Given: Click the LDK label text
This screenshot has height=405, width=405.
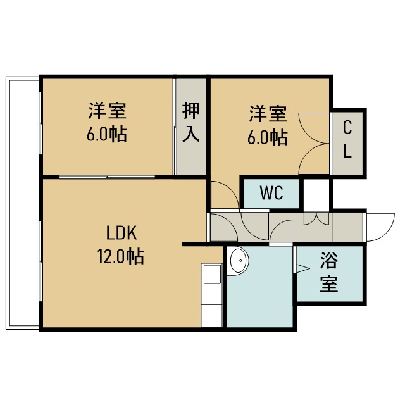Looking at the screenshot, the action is point(121,233).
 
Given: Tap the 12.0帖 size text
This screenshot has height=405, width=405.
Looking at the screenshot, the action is point(121,256).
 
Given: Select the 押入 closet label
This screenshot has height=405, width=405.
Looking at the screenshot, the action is point(191,122).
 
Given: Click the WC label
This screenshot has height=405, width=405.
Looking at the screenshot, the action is point(271,192).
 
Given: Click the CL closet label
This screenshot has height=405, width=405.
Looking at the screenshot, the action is point(347,140).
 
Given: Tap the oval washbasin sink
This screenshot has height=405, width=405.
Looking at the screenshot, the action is point(239,260).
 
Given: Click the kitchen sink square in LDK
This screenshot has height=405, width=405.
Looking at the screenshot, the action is point(212,274).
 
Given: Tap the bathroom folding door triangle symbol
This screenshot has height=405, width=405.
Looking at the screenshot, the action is point(302,268).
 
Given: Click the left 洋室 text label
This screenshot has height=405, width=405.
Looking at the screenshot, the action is point(107,111).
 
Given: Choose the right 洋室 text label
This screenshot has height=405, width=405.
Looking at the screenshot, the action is point(268,113).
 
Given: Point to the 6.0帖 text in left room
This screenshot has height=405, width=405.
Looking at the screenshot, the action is point(107,134).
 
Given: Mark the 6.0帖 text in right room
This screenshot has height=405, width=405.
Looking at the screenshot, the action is point(268,137).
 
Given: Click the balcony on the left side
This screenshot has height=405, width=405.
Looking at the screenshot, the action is point(23,203).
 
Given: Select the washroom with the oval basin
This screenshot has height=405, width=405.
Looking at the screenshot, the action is point(260,287).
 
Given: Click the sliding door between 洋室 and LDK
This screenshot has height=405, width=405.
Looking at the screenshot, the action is point(107,177).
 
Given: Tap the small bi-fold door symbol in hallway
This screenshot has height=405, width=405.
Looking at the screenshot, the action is point(316,218).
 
